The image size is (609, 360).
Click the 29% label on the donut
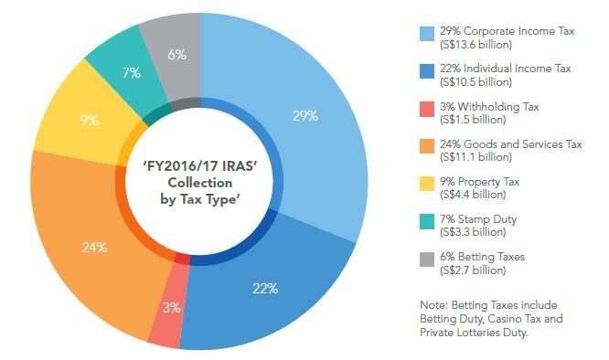click(305, 116)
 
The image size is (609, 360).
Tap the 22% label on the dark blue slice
click(265, 288)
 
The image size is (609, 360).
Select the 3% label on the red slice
click(171, 308)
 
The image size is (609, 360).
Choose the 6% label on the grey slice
click(177, 55)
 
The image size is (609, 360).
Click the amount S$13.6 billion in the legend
click(476, 44)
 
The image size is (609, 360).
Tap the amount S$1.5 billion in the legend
click(474, 119)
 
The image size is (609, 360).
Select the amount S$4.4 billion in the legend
click(474, 194)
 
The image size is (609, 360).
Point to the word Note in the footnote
click(453, 304)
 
